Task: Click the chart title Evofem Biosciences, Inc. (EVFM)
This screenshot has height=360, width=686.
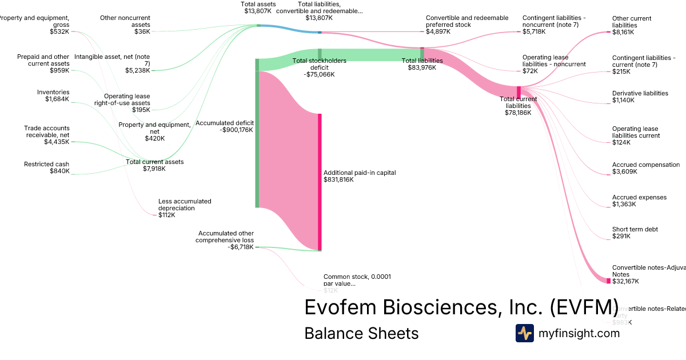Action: click(x=461, y=307)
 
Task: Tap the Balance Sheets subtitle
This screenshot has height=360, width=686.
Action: click(x=361, y=333)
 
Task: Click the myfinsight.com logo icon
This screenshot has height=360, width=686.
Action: click(x=524, y=333)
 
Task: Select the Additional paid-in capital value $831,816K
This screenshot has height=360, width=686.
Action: click(x=338, y=180)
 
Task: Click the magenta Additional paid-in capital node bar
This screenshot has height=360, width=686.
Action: click(x=320, y=182)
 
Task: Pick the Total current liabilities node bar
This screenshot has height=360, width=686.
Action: click(x=519, y=92)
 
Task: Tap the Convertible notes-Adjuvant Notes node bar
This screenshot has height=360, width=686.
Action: click(x=608, y=281)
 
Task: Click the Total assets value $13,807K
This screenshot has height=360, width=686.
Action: click(x=257, y=11)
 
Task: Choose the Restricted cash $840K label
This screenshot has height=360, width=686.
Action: click(x=54, y=167)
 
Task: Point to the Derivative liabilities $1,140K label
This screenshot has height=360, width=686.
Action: click(x=640, y=97)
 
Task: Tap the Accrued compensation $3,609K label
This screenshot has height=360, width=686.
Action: click(x=645, y=168)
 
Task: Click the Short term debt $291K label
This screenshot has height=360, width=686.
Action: click(x=635, y=233)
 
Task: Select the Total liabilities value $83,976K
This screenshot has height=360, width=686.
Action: click(x=422, y=67)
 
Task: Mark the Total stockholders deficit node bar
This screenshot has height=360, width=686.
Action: click(x=320, y=55)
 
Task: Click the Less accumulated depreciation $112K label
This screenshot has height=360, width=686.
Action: click(x=185, y=208)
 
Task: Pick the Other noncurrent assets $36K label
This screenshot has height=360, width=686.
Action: click(x=125, y=25)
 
